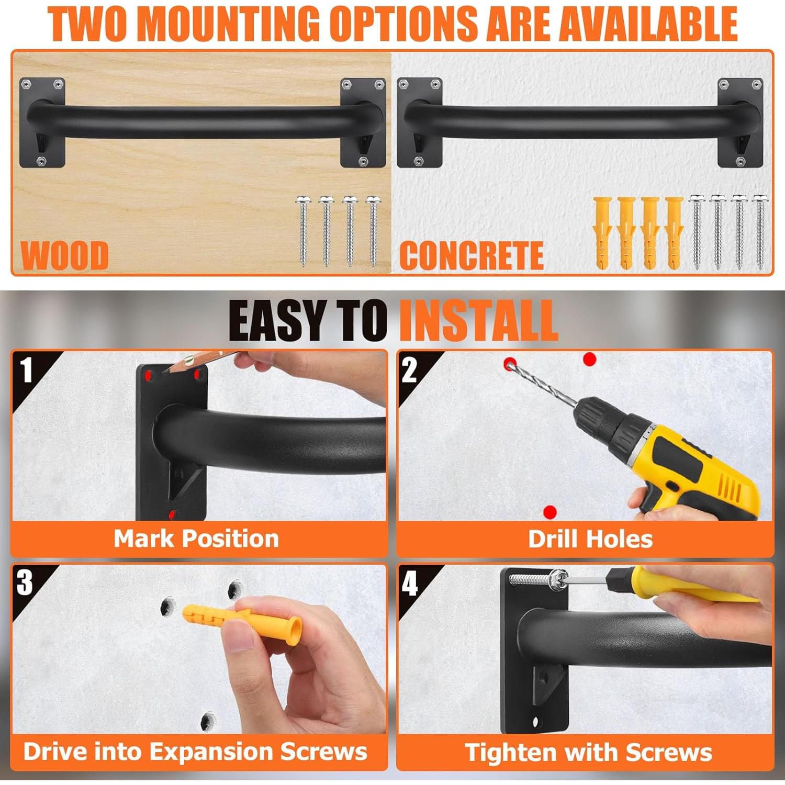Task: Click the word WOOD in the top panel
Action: [x=64, y=255]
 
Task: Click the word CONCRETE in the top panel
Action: [x=471, y=255]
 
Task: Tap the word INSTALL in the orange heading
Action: [x=478, y=320]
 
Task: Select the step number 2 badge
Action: [x=409, y=370]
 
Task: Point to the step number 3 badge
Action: [x=25, y=582]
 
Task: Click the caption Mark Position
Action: [x=196, y=539]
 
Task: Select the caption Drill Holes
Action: [x=590, y=539]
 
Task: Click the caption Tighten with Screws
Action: [x=588, y=753]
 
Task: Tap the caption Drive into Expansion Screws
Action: [x=195, y=752]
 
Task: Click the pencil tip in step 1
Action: [x=166, y=371]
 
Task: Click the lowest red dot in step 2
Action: [x=549, y=511]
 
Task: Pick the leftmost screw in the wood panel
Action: [x=303, y=230]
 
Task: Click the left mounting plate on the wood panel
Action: [x=42, y=123]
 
